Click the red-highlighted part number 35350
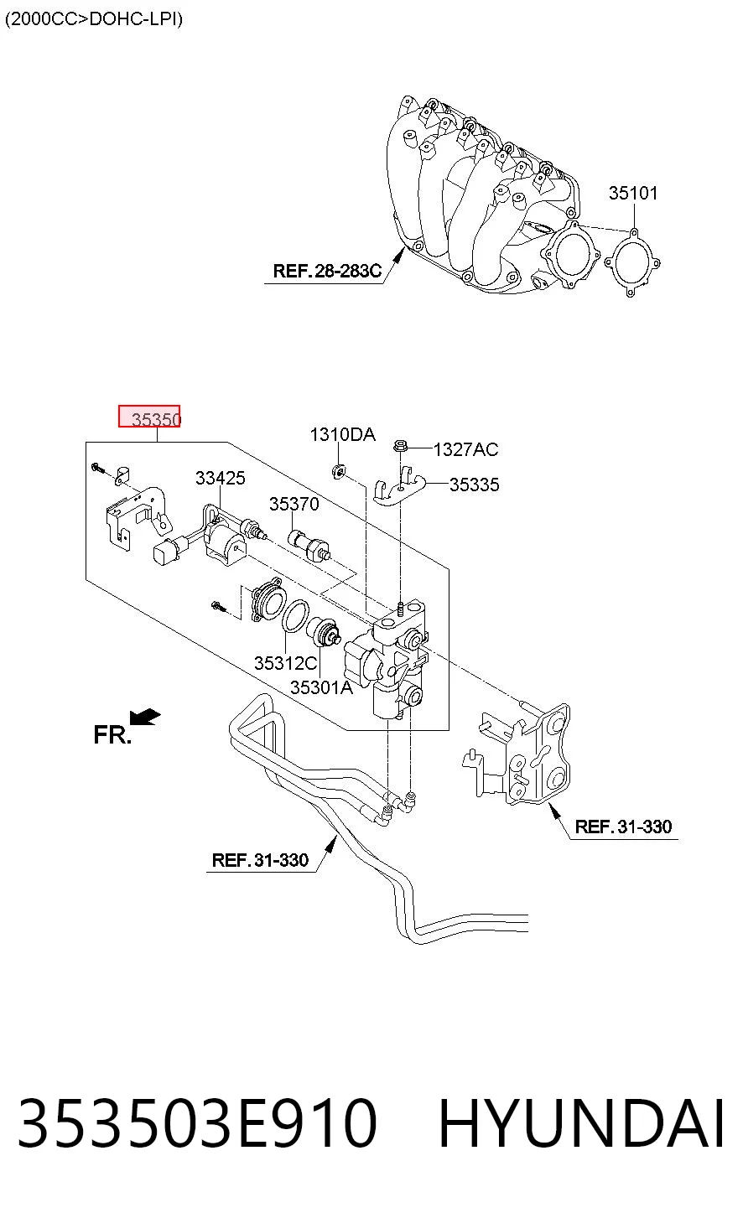tap(156, 419)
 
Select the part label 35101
tap(632, 193)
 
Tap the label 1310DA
tap(343, 434)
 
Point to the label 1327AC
tap(465, 449)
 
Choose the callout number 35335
tap(475, 485)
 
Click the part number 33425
tap(221, 478)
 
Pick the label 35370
tap(294, 504)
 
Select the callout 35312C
tap(286, 663)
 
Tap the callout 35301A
tap(321, 687)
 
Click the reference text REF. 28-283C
tap(327, 270)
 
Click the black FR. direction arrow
tap(145, 718)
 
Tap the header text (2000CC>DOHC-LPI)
tap(94, 19)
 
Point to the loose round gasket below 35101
tap(632, 262)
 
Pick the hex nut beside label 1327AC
tap(400, 447)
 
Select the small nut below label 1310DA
tap(338, 471)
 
